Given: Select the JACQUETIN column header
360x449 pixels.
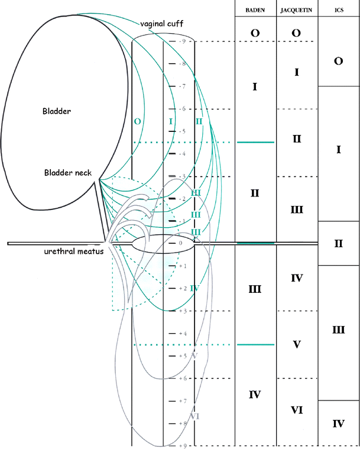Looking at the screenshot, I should [297, 11].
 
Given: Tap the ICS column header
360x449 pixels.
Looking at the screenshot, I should [339, 11].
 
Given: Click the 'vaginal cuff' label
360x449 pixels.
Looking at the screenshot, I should [161, 24].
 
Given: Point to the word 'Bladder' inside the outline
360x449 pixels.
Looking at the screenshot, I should [56, 111].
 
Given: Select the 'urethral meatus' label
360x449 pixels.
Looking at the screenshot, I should [73, 251].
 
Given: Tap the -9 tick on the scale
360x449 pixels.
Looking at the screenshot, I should [183, 41].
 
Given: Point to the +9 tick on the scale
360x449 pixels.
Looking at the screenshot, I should [183, 445].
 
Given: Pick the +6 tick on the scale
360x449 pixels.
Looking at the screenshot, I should [183, 378].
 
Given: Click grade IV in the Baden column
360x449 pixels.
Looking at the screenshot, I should [255, 394].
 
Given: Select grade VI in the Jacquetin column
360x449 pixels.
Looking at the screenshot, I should [297, 409].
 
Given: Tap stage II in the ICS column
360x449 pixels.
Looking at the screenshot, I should [339, 243].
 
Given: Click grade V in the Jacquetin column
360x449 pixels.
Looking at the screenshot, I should [297, 344].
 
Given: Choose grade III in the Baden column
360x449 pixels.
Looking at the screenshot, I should [255, 289].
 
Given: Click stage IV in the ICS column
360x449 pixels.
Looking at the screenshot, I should [339, 423].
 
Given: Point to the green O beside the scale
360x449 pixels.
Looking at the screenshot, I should [137, 121].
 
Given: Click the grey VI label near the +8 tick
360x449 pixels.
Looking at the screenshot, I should [194, 416].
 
